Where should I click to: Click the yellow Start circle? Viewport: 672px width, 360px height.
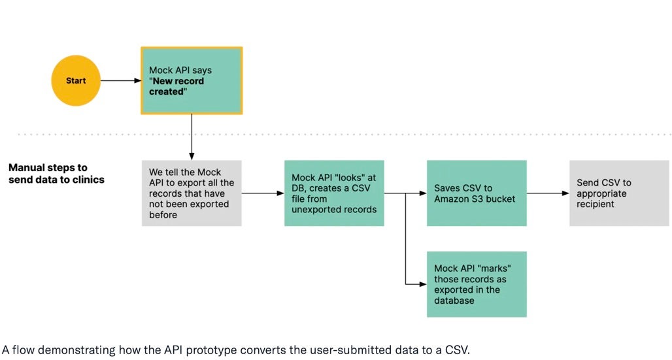click(x=76, y=81)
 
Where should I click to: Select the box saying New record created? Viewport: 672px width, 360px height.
click(x=192, y=80)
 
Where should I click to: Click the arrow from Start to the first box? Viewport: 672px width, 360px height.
click(x=122, y=81)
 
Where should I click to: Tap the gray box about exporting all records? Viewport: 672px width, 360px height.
click(x=192, y=193)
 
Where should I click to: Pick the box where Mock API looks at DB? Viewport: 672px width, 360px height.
click(x=334, y=193)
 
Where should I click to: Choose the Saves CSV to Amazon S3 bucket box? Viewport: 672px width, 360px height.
click(x=477, y=193)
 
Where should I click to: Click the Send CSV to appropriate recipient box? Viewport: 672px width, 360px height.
click(x=619, y=193)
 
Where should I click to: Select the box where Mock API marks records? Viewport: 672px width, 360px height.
click(x=477, y=284)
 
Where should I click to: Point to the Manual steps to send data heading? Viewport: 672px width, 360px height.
click(x=56, y=174)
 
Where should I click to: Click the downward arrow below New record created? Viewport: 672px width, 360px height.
click(x=192, y=137)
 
